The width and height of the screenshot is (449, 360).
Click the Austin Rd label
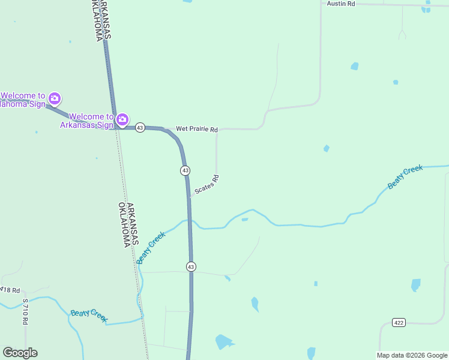pos(341,4)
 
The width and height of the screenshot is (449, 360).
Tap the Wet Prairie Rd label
pos(196,129)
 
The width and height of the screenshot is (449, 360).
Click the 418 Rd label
pos(10,289)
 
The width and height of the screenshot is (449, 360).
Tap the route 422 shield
pos(399,323)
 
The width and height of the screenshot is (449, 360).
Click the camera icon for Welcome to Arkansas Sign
pos(122,120)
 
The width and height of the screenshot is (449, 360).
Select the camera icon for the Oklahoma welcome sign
pos(55,98)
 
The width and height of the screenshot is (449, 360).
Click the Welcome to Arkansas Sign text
pos(86,121)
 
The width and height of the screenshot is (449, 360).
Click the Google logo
pos(20,353)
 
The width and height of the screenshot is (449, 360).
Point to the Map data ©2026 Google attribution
pos(412,355)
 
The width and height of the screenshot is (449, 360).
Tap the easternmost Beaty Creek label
pos(405,178)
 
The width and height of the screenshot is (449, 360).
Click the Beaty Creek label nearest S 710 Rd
pos(89,316)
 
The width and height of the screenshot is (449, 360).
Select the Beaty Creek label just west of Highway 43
pos(150,248)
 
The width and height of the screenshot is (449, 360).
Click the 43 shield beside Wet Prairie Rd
pos(140,128)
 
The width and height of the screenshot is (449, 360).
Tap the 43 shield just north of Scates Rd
pos(185,170)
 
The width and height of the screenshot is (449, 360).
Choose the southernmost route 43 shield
pos(191,266)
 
